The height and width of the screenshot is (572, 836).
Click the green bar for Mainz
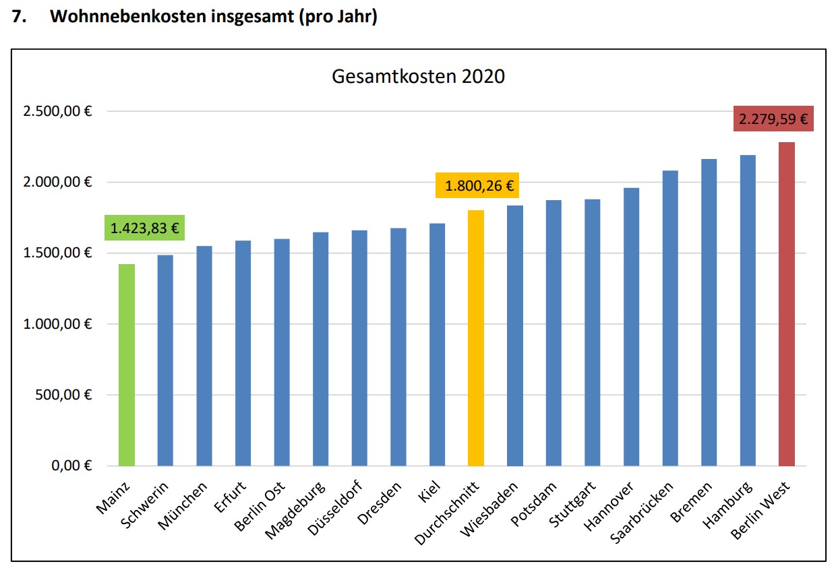coord(126,364)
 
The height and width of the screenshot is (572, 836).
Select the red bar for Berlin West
coord(786,304)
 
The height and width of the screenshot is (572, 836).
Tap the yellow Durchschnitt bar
coord(475,338)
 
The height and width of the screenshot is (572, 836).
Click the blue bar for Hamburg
coord(747,310)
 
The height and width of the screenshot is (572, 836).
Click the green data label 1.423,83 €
coord(144,228)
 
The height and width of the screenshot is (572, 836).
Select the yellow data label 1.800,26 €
coord(478,185)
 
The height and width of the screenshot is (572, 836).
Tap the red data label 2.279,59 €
coord(773,119)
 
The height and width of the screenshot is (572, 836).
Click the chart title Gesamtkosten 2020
coord(418,77)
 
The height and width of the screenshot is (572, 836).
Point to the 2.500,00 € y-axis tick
coord(57,111)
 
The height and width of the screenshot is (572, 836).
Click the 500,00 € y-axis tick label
coord(64,395)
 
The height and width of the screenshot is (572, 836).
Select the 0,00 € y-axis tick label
coord(69,466)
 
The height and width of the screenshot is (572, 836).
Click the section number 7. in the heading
coord(20,18)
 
